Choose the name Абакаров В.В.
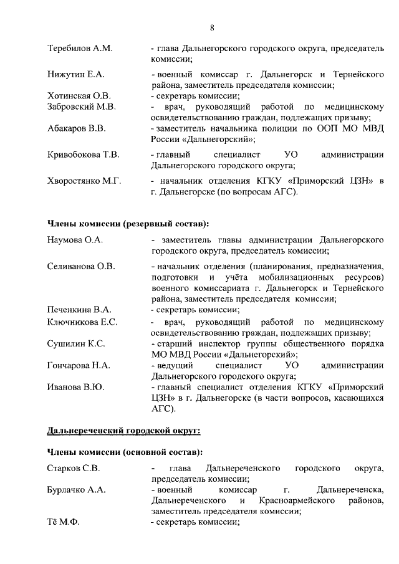[77, 128]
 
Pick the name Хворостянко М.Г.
[84, 181]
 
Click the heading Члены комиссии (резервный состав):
[128, 223]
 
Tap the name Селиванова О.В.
[81, 267]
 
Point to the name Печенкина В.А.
[79, 310]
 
